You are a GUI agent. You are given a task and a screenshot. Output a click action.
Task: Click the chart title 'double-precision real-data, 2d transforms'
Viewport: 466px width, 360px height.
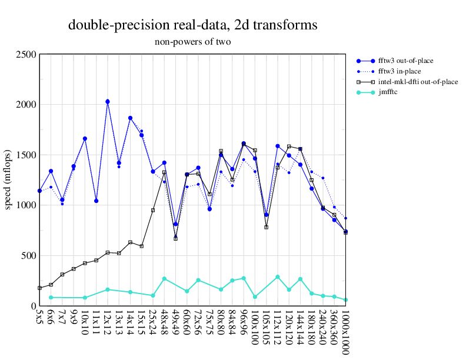click(x=193, y=25)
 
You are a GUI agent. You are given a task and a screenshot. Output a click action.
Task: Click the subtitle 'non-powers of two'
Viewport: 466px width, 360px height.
click(x=193, y=42)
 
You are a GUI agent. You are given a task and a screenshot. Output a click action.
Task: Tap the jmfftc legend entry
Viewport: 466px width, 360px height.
click(x=388, y=92)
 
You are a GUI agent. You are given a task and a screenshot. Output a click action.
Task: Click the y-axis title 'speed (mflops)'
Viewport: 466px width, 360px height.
click(x=9, y=180)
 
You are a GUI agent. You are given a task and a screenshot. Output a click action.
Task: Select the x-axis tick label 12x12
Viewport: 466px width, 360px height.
click(x=108, y=323)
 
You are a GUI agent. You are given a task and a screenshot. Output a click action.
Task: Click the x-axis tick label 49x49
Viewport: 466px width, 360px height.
click(x=175, y=323)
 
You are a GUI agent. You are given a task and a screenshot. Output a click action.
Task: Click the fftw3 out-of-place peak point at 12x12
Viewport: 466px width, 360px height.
click(x=108, y=102)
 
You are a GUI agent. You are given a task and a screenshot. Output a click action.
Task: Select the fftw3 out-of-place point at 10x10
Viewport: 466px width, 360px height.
click(x=85, y=139)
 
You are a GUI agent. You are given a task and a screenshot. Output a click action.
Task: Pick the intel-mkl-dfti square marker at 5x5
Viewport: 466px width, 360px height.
click(x=39, y=288)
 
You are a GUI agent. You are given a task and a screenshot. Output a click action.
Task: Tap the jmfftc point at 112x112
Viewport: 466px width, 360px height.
click(x=277, y=277)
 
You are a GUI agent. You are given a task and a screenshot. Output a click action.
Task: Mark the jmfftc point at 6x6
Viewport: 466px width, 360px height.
click(x=51, y=298)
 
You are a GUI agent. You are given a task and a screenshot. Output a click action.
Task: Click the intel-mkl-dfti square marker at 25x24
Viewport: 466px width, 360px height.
click(x=153, y=210)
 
